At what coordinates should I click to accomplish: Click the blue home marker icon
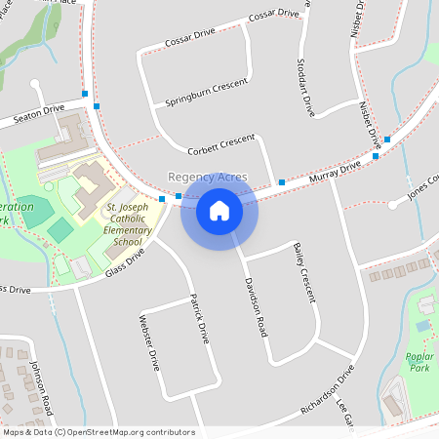(219, 211)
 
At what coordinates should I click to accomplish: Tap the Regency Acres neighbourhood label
(207, 177)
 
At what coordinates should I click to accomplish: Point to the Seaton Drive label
(37, 116)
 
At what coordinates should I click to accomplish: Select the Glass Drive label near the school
(125, 265)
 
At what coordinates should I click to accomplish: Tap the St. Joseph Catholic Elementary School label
(128, 224)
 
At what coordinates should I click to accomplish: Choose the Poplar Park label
(420, 362)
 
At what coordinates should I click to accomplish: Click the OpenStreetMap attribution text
(98, 432)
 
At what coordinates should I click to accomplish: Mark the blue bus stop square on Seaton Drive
(85, 94)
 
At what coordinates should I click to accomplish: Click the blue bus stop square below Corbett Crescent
(281, 182)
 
